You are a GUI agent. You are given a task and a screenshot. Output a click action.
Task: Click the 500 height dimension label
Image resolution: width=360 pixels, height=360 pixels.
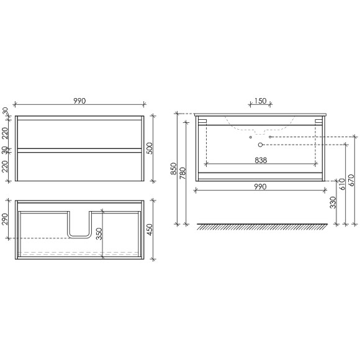(150, 148)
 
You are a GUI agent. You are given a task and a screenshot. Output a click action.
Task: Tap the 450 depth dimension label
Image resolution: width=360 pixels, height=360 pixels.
(150, 230)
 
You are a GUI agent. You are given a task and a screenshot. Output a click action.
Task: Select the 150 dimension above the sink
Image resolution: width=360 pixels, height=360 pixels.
(260, 101)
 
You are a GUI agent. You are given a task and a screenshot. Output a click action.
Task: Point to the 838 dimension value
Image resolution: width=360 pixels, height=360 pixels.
(261, 160)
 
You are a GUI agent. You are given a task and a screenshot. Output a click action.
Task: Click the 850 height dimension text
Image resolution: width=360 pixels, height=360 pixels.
(174, 169)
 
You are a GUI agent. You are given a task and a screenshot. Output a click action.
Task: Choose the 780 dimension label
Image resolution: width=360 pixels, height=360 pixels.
(182, 173)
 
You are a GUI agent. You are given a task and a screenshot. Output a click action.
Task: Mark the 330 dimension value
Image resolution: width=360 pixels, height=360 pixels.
(333, 202)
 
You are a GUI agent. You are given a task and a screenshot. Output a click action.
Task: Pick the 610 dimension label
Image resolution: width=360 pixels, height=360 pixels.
(342, 184)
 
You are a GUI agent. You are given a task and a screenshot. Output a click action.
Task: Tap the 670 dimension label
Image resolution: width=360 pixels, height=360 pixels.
(351, 181)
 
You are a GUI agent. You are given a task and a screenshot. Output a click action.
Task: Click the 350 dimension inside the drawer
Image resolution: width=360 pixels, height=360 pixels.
(99, 234)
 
